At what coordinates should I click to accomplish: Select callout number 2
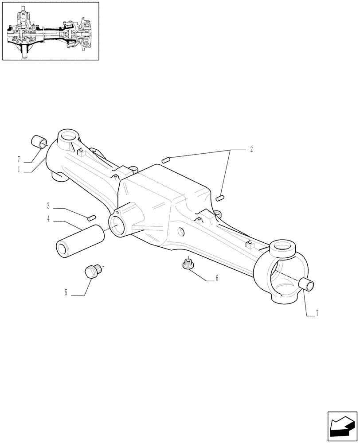point(251,149)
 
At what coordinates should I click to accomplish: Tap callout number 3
point(48,206)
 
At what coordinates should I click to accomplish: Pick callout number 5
point(66,292)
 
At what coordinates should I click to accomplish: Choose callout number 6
point(216,279)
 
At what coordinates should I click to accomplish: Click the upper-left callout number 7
point(19,159)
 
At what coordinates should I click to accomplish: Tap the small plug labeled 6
point(188,264)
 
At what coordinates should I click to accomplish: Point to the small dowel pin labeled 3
point(92,217)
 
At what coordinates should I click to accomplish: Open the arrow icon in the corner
point(342,427)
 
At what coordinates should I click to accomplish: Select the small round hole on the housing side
point(181,231)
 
